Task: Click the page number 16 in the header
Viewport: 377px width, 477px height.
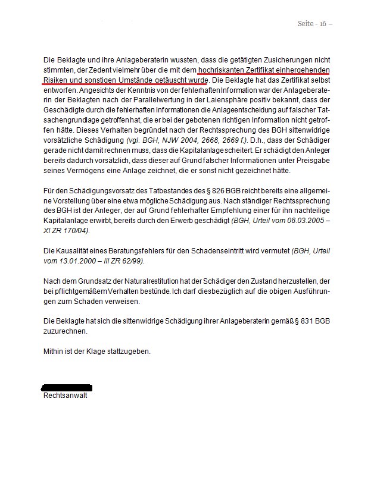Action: click(x=323, y=24)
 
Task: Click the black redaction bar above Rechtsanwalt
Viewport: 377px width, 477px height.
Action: click(x=67, y=387)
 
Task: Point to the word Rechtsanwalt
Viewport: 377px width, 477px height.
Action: click(x=65, y=395)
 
